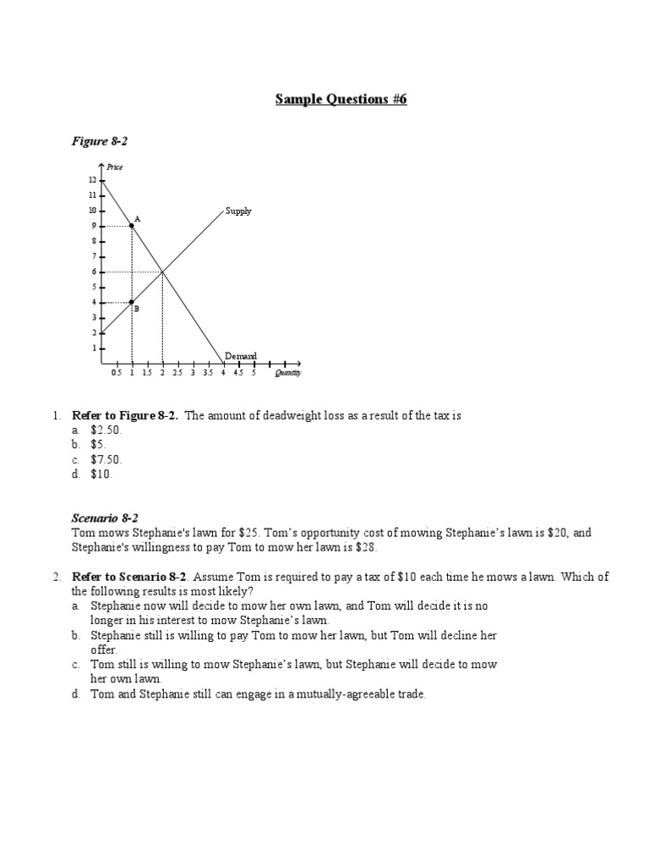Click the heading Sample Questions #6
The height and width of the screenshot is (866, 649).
click(341, 100)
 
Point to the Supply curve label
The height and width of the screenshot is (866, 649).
click(238, 211)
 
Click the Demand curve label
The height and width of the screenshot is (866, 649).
click(240, 356)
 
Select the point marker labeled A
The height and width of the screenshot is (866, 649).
click(131, 226)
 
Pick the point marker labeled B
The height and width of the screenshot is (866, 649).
click(131, 302)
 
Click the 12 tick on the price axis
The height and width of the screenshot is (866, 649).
click(92, 180)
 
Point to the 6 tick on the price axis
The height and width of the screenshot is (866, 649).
click(92, 271)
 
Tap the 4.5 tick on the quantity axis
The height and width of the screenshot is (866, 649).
click(238, 372)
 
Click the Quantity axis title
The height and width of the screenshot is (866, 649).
click(287, 372)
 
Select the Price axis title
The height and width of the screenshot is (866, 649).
click(114, 167)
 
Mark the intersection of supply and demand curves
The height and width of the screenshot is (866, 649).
click(162, 271)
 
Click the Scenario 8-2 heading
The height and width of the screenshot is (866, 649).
click(105, 518)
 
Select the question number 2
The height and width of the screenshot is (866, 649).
click(55, 577)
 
